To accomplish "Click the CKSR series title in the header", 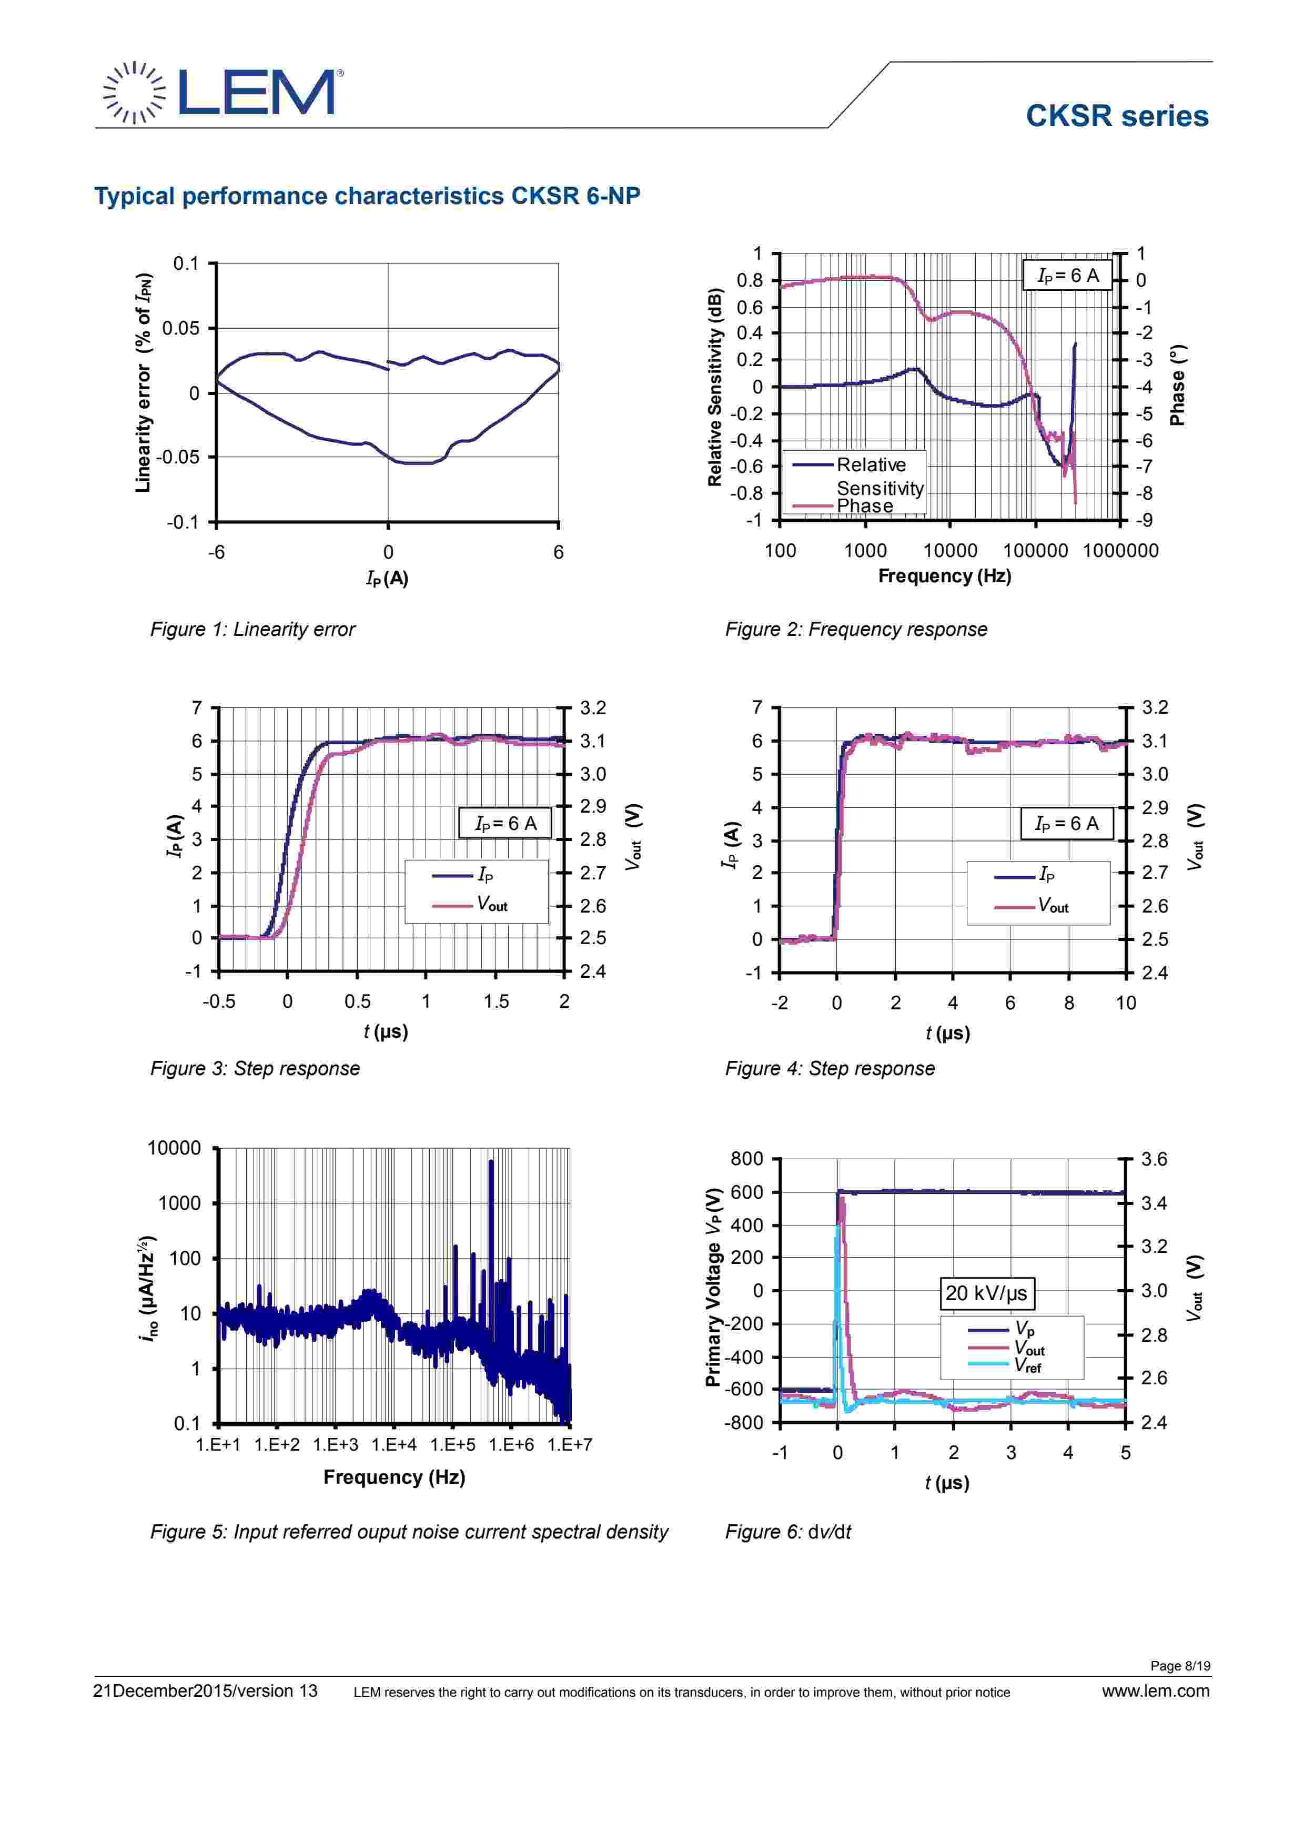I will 1116,116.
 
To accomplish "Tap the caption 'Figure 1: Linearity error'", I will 252,629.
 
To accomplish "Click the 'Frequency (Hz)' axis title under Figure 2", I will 944,576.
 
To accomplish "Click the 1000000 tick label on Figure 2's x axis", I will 1120,551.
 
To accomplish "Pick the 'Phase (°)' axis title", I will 1177,386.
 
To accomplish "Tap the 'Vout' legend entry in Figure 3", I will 491,905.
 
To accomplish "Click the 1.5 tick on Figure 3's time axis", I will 496,1002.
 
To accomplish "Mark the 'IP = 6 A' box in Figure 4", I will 1066,824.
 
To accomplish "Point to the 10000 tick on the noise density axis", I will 174,1149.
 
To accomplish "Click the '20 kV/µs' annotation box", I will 986,1293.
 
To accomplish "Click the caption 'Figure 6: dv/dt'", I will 787,1532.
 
